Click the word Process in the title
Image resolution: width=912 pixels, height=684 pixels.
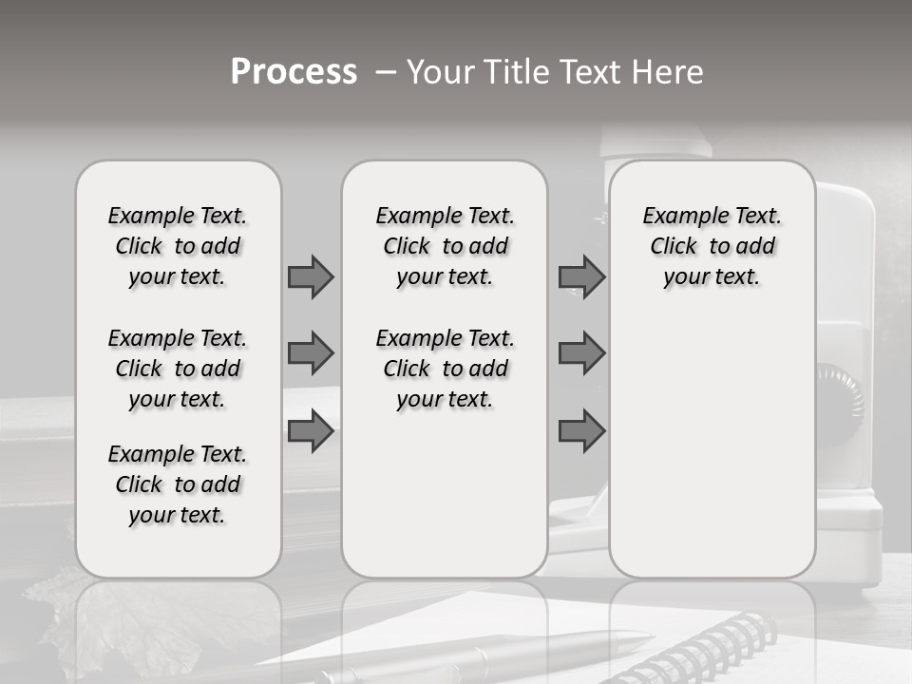(294, 72)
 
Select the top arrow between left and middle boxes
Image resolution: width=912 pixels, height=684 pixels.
(311, 276)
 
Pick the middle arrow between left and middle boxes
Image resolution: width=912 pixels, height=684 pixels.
(311, 353)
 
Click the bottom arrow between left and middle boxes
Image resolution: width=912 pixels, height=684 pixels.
(311, 431)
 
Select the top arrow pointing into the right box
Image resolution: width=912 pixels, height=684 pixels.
(581, 276)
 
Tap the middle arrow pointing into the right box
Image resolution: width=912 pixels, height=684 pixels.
(581, 353)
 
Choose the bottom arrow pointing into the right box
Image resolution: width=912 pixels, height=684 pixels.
(581, 431)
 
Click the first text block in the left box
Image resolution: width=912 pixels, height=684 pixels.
(178, 246)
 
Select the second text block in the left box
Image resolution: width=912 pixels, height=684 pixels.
(178, 369)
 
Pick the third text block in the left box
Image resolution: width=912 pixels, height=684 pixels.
(178, 484)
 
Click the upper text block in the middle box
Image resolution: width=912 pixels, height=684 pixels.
(445, 246)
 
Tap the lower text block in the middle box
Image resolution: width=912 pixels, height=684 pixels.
(445, 369)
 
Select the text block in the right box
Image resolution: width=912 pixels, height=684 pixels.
(712, 246)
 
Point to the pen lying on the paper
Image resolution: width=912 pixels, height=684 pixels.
(532, 650)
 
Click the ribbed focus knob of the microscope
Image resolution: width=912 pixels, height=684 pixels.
(840, 389)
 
